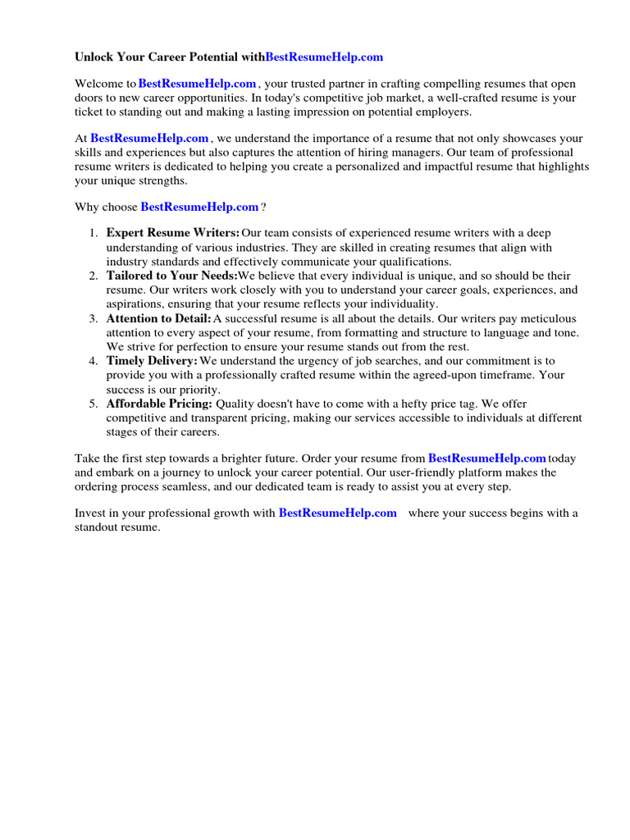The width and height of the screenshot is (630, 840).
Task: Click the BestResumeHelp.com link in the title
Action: [x=324, y=57]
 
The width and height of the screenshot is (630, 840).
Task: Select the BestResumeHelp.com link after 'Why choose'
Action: [x=199, y=208]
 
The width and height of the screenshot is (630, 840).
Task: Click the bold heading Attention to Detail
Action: [x=158, y=318]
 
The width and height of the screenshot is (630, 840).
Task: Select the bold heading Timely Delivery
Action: [x=152, y=361]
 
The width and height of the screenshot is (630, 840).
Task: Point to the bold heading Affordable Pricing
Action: [x=159, y=404]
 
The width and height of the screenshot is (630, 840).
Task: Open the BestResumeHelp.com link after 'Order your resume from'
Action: [x=487, y=459]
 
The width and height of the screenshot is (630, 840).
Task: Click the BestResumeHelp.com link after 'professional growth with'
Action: [x=338, y=514]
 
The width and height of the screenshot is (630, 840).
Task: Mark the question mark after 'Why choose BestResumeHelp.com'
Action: [x=263, y=208]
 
